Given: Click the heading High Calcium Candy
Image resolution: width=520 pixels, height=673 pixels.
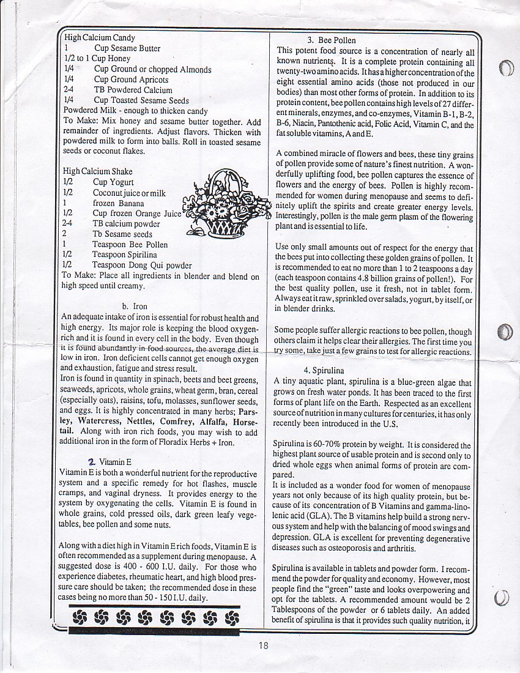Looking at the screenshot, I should [100, 38].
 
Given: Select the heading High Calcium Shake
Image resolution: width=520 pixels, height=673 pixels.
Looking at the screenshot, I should [98, 171].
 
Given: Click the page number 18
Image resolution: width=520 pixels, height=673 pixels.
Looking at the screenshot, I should [263, 644].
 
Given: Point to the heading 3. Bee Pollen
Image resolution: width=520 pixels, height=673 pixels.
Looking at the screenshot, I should [332, 40].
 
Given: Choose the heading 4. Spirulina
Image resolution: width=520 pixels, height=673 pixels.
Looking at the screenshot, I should [324, 371].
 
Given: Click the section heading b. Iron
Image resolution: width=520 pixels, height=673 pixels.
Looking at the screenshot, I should [135, 307].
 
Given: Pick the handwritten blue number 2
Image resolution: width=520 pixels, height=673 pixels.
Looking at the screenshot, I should [91, 461].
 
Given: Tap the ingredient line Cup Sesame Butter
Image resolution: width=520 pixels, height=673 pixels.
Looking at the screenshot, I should [127, 48].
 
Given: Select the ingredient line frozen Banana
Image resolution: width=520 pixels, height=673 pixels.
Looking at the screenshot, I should [119, 203].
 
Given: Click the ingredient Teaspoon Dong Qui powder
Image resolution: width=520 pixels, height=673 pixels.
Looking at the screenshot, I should [141, 266].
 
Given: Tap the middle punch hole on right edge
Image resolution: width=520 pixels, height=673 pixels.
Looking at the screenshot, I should [505, 331].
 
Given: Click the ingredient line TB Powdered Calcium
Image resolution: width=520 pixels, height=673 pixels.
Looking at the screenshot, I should [133, 90].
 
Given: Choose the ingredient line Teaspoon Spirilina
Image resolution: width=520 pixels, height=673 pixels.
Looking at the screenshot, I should [125, 255].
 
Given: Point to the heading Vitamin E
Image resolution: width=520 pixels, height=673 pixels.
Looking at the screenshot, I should [116, 463].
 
